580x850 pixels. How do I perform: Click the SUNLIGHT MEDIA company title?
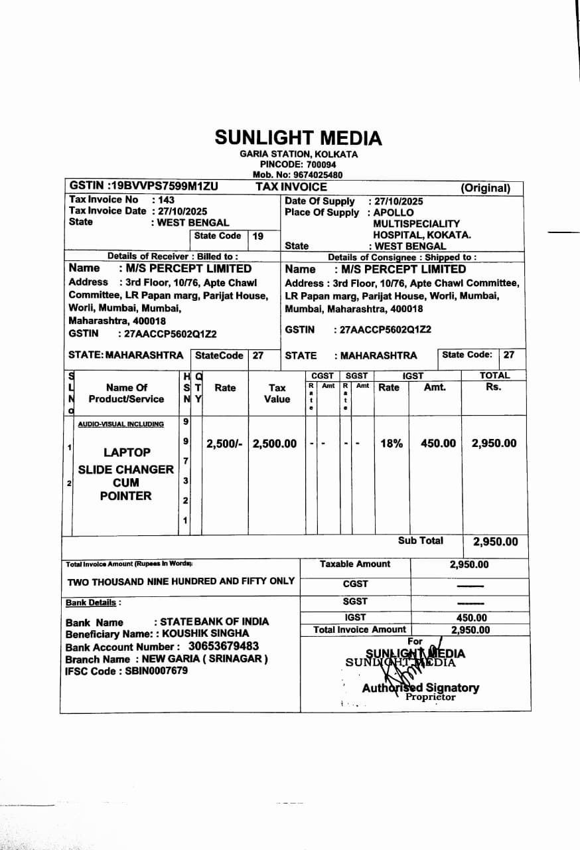(298, 138)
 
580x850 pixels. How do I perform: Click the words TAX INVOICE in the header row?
(291, 187)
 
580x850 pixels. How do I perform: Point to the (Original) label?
(486, 188)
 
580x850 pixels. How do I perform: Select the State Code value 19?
(258, 236)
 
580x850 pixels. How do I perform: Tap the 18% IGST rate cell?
(392, 444)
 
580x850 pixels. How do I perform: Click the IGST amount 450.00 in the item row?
(438, 444)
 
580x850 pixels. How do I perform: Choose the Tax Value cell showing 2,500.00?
(275, 444)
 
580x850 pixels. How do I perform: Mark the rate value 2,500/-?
(225, 444)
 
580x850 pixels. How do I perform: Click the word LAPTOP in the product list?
(127, 453)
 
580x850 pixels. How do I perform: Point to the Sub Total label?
(420, 541)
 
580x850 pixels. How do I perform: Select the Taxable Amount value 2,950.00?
(469, 564)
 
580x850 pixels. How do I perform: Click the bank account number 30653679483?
(224, 646)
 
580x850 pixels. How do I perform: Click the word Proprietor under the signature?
(431, 697)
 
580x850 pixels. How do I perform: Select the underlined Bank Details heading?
(92, 603)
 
